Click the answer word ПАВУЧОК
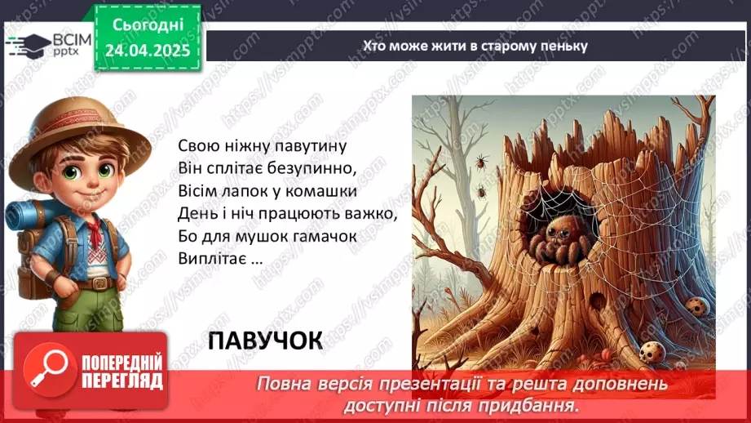[x=265, y=340]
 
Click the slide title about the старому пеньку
[x=475, y=46]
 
